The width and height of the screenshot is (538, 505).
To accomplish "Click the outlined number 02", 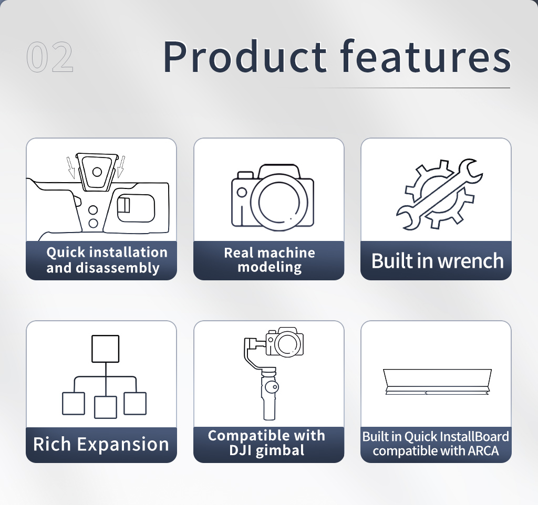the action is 50,57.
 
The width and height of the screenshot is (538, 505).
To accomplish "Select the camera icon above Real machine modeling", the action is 273,197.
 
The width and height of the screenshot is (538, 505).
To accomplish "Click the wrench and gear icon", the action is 440,194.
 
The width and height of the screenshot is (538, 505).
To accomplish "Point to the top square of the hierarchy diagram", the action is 105,349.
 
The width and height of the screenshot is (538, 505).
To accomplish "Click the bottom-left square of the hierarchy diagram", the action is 74,404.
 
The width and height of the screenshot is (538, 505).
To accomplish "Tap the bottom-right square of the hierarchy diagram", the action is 135,404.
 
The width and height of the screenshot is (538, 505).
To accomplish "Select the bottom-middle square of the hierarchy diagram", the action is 105,407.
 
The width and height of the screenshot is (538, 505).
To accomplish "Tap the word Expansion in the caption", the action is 123,445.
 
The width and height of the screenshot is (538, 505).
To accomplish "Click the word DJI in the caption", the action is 240,450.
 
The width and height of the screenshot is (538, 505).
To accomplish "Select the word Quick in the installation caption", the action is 66,252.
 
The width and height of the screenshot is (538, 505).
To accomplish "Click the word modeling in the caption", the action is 270,267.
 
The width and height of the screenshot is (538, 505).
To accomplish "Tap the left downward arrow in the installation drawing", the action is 71,167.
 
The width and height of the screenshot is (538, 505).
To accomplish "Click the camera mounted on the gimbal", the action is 284,342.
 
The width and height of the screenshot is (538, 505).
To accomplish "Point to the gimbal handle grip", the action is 270,398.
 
